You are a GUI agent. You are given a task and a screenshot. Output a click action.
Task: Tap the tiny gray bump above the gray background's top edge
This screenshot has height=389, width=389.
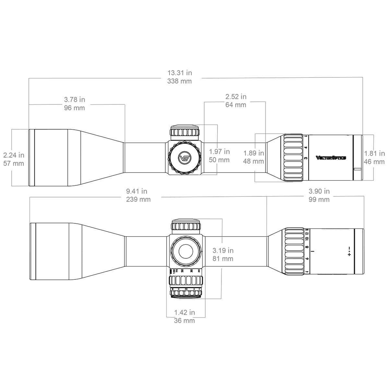186,69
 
